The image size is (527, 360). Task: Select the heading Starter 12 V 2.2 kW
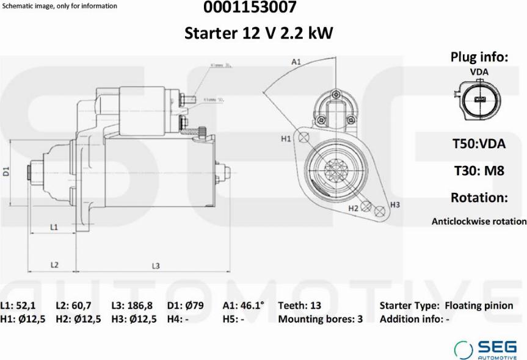(x=259, y=33)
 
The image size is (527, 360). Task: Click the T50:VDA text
(x=478, y=144)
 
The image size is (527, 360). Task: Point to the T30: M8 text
(x=478, y=171)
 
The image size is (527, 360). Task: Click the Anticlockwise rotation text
(x=478, y=221)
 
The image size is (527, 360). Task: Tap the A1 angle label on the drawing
(x=296, y=62)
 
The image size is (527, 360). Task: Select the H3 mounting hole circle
(x=380, y=211)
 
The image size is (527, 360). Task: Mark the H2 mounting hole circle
(x=366, y=206)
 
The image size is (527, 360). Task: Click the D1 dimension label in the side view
(x=7, y=171)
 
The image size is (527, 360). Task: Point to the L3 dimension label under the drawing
(x=156, y=265)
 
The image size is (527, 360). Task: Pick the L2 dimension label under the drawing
(x=54, y=265)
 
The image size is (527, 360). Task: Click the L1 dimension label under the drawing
(x=54, y=227)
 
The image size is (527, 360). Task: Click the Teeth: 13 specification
(x=299, y=306)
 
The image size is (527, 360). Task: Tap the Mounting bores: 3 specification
(x=320, y=319)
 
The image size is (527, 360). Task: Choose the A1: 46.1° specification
(x=243, y=306)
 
